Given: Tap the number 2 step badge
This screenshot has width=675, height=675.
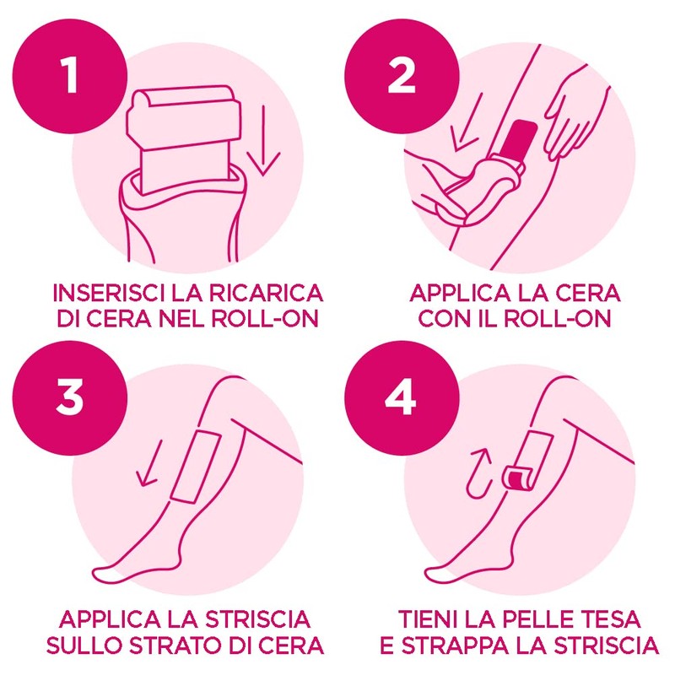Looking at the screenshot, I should tap(402, 76).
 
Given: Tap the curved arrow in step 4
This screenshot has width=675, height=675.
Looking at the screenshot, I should tap(478, 472).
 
